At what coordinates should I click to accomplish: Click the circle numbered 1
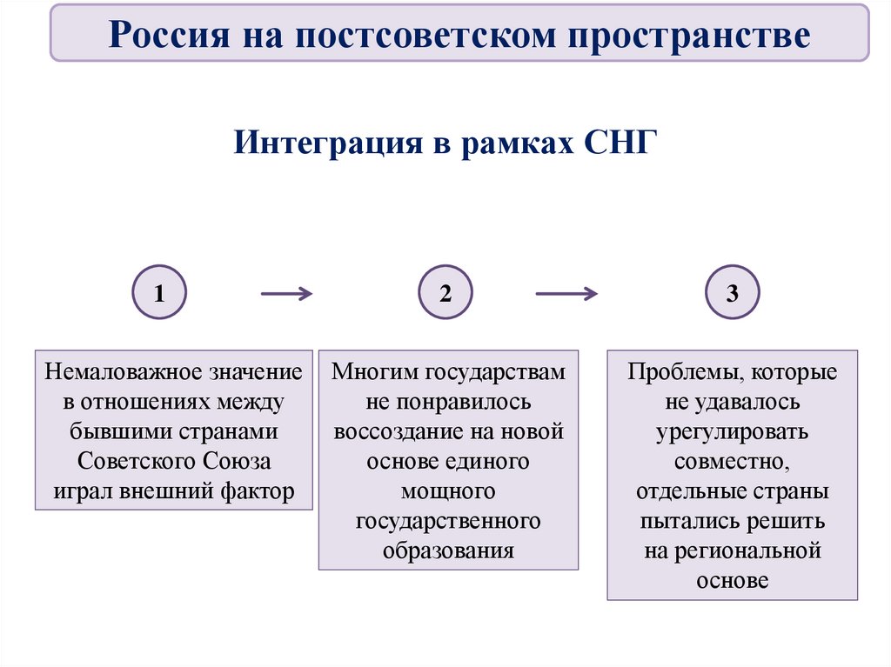pos(158,292)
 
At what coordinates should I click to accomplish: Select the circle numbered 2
pos(445,292)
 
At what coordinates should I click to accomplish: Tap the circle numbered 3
pos(733,292)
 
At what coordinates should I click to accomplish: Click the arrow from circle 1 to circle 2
pos(286,294)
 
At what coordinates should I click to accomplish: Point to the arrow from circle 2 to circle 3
pos(566,294)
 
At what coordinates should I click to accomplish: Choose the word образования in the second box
pos(448,550)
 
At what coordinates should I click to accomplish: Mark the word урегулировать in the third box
pos(733,432)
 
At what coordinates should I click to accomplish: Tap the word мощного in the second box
pos(448,491)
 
